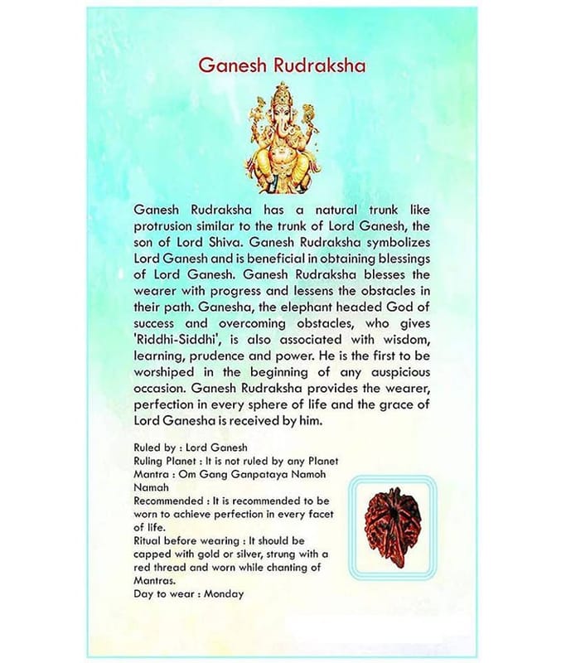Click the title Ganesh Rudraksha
[x=283, y=66]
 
